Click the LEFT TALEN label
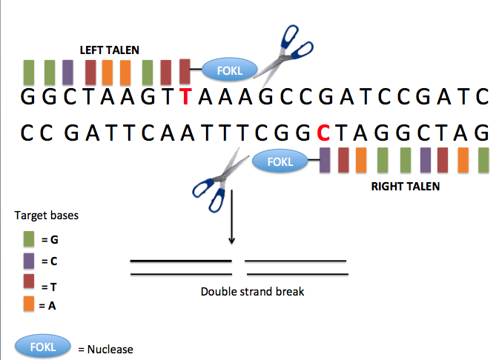click(x=121, y=50)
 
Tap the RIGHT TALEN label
click(x=405, y=187)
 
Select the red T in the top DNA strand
click(x=186, y=97)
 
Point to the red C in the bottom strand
click(x=323, y=134)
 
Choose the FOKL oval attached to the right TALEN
click(x=280, y=161)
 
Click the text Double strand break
click(x=252, y=292)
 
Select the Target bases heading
click(x=47, y=216)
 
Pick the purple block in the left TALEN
click(x=67, y=73)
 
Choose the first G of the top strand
click(x=28, y=97)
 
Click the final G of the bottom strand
click(x=482, y=134)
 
